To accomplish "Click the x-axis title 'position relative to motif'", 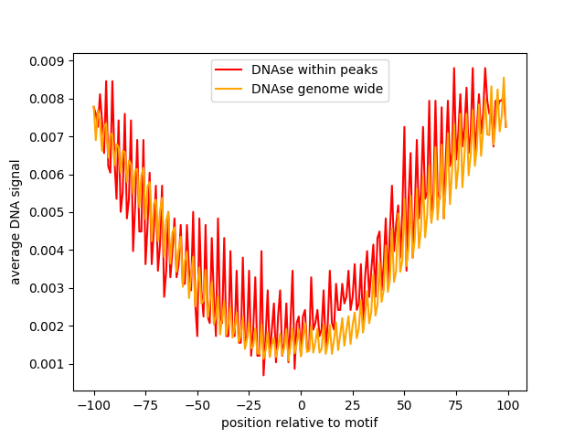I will click(300, 423).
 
